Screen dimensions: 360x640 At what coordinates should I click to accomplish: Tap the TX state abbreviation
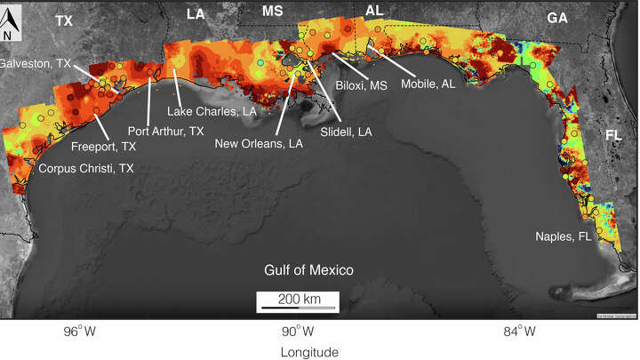pyautogui.click(x=64, y=20)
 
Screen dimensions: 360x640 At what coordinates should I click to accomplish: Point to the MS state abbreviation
pyautogui.click(x=272, y=11)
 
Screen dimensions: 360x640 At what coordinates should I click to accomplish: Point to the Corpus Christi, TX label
pyautogui.click(x=86, y=167)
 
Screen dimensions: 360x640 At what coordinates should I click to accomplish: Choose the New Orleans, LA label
pyautogui.click(x=260, y=144)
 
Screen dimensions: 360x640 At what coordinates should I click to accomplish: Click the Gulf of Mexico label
pyautogui.click(x=309, y=270)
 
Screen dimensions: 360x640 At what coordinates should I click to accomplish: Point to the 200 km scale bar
pyautogui.click(x=296, y=301)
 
